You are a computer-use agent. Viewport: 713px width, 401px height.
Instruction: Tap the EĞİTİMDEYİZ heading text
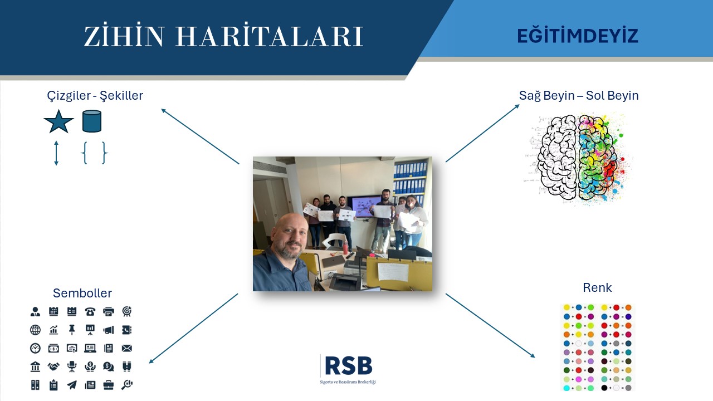point(578,35)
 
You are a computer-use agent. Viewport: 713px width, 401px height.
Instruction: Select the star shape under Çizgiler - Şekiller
point(58,121)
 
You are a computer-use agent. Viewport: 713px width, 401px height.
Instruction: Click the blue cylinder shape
point(92,121)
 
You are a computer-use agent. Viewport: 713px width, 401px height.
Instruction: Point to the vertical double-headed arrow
point(56,153)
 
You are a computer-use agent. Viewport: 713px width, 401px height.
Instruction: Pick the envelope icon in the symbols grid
point(126,348)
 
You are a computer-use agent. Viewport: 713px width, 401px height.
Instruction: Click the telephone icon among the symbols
point(90,311)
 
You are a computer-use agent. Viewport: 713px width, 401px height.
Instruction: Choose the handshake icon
point(53,366)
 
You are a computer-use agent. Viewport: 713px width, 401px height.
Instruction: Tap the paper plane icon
point(72,385)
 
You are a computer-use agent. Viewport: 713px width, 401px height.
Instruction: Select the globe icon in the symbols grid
point(35,330)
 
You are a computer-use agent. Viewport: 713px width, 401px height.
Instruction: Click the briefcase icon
point(109,385)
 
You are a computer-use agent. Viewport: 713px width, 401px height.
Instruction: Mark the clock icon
point(35,348)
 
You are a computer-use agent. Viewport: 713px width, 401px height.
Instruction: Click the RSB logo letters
point(349,365)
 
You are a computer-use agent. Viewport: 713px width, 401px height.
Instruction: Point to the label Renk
point(597,287)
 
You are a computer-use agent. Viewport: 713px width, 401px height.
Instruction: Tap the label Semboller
point(82,293)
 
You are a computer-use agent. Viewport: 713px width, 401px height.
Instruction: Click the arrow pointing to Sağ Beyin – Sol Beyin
point(482,133)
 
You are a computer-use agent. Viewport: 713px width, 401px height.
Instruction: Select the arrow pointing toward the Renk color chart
point(490,326)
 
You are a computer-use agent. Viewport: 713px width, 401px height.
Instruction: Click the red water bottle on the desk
point(346,248)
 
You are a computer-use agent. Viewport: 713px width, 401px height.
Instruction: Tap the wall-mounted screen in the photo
point(362,207)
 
